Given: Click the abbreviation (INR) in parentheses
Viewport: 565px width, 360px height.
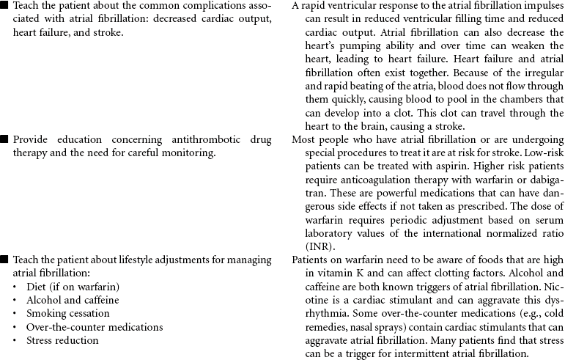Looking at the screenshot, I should click(x=304, y=246).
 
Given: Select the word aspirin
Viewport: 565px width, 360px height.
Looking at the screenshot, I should click(x=429, y=166).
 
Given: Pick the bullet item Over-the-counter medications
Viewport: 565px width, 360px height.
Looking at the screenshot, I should click(x=85, y=326).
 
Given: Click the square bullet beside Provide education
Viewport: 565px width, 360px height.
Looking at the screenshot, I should click(x=5, y=139).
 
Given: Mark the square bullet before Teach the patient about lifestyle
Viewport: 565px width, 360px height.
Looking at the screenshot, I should click(x=5, y=260).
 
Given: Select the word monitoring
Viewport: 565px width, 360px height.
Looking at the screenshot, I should click(x=188, y=153).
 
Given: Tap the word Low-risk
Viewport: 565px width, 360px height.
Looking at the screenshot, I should click(x=544, y=153).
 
